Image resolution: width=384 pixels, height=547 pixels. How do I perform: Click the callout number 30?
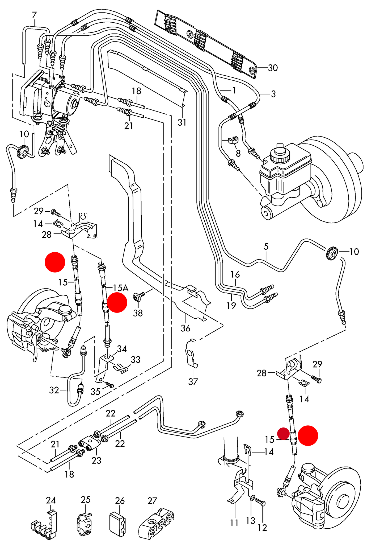[273, 68]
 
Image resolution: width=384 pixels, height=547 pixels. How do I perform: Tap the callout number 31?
[182, 122]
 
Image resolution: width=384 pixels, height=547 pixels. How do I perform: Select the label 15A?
[121, 288]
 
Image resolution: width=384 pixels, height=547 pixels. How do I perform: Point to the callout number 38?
[138, 313]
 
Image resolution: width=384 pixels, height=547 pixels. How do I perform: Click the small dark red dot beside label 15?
[283, 434]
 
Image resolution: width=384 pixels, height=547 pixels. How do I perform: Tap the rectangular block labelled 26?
[117, 523]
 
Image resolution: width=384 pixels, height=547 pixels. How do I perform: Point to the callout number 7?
[34, 15]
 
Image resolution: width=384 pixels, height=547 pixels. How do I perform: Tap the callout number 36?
[185, 328]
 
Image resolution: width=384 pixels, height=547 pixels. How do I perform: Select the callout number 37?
[193, 382]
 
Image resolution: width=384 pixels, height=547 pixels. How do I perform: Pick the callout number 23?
[96, 460]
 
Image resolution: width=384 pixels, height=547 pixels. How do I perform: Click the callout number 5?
[266, 246]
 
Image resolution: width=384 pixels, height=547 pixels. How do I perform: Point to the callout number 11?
[234, 523]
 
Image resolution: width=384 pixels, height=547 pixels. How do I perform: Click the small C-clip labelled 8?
[233, 140]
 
